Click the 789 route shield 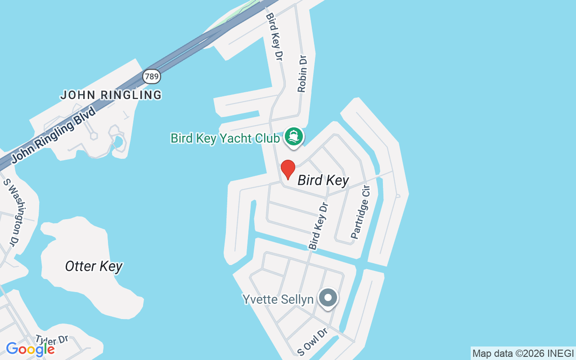(152, 76)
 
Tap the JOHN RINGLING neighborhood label (111, 95)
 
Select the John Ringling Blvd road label (54, 135)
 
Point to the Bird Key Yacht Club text (225, 138)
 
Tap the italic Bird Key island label (323, 180)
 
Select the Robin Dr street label (302, 73)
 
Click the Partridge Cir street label (360, 212)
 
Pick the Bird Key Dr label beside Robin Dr (274, 36)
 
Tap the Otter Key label (94, 266)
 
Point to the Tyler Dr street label (52, 340)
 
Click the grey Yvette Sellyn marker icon (328, 298)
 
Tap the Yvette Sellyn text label (278, 299)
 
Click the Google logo (30, 349)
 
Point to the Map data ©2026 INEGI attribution (523, 354)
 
